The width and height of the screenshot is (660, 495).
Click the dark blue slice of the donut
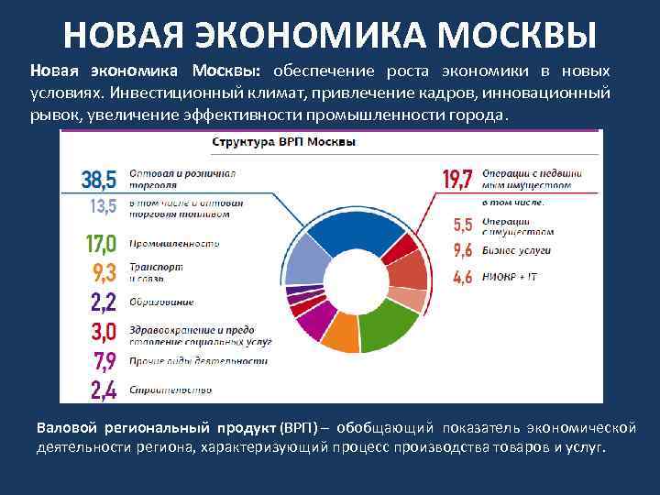[x=344, y=229]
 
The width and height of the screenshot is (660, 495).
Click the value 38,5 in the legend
[x=99, y=179]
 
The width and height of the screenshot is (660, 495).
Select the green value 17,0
[x=100, y=244]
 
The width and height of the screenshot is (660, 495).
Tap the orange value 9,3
[x=104, y=271]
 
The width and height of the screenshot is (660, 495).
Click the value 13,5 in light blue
[x=103, y=206]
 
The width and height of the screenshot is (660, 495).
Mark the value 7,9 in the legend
[x=103, y=359]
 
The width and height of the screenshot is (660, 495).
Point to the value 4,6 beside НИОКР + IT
[x=463, y=276]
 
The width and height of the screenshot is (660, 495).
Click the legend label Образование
[x=161, y=302]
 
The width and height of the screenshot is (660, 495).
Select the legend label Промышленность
[x=174, y=244]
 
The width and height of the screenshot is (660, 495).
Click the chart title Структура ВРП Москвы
[x=284, y=143]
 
